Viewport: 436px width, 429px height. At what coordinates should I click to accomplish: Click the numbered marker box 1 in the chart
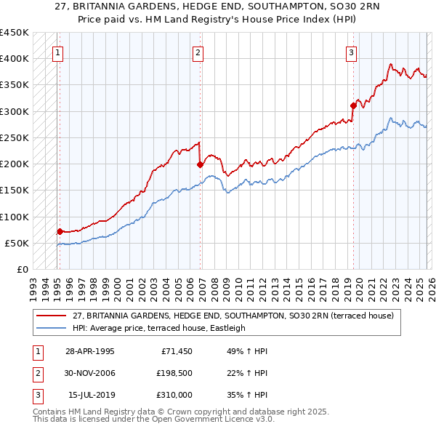pyautogui.click(x=57, y=52)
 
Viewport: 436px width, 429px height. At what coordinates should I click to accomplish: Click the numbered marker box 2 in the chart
pyautogui.click(x=198, y=52)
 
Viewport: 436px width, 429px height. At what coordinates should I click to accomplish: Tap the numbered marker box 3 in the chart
pyautogui.click(x=351, y=52)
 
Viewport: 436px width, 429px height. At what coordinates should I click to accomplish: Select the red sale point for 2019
pyautogui.click(x=354, y=105)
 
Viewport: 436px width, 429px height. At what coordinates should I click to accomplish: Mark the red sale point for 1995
pyautogui.click(x=60, y=231)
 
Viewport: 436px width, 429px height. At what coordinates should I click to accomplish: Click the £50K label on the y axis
pyautogui.click(x=17, y=243)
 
